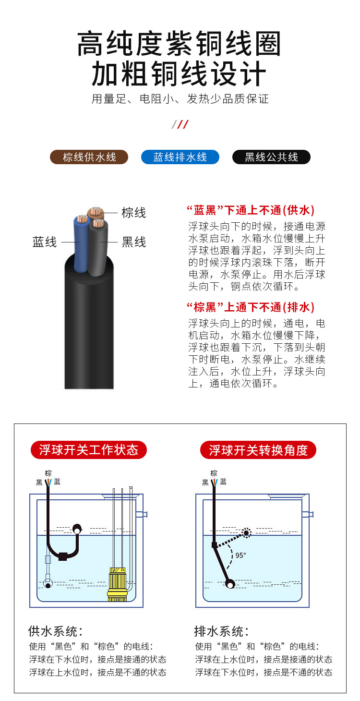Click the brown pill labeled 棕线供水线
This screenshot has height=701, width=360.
click(x=90, y=157)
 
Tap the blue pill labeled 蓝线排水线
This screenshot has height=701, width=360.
click(x=180, y=157)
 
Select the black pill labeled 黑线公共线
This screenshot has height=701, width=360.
click(x=271, y=157)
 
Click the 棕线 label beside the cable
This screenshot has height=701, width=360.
click(x=133, y=213)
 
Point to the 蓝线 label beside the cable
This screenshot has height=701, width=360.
click(x=45, y=242)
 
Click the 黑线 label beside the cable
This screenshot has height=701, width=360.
click(x=133, y=242)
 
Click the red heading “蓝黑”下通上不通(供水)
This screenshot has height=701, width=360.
click(x=250, y=210)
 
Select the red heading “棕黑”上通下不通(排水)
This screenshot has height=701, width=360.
click(x=250, y=307)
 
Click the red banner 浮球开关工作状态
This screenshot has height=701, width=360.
click(x=89, y=450)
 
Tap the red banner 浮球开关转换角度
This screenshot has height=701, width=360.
click(x=258, y=450)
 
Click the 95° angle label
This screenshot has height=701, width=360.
click(x=240, y=555)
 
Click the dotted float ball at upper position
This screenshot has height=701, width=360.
click(x=247, y=532)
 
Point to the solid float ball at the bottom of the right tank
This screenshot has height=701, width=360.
click(x=230, y=584)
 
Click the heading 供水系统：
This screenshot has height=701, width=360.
click(x=56, y=631)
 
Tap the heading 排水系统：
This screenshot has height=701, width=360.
click(x=221, y=631)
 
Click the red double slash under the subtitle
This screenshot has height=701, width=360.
click(x=180, y=125)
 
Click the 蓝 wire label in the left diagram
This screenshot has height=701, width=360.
click(x=57, y=482)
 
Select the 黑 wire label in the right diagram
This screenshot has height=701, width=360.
click(x=205, y=482)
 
